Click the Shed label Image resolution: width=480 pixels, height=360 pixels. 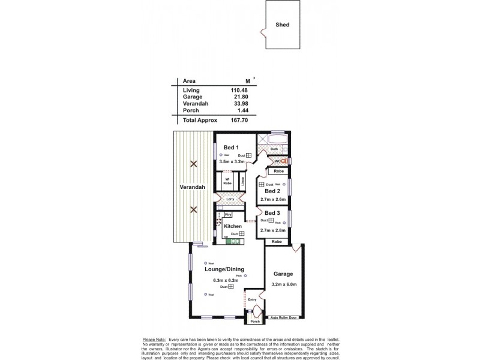(283, 26)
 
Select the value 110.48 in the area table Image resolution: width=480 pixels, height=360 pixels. (239, 90)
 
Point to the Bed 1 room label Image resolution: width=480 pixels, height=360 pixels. (232, 148)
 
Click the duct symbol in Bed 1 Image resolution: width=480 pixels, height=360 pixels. (248, 155)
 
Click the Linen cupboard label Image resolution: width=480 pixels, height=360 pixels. (243, 180)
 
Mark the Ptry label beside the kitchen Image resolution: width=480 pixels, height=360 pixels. (228, 214)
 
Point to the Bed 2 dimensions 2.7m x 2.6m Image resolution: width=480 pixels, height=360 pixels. (273, 199)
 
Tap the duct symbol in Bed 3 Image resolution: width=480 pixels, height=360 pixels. (271, 221)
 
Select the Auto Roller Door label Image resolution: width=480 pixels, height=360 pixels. (284, 317)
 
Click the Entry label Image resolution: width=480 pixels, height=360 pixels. (252, 299)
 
